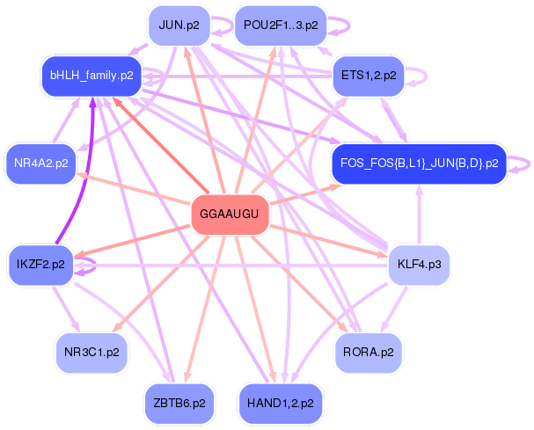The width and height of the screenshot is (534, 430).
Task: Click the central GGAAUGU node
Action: click(230, 215)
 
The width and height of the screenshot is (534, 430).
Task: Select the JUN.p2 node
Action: click(179, 26)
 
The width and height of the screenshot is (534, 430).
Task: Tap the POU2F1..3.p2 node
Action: click(281, 26)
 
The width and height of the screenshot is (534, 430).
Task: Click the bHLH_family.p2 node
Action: click(91, 76)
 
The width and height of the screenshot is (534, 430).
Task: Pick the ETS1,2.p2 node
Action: click(369, 76)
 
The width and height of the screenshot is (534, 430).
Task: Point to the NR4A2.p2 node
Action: click(40, 164)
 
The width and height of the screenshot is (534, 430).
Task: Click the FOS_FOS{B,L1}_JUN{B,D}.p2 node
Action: click(420, 164)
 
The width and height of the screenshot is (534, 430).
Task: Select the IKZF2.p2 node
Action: click(40, 265)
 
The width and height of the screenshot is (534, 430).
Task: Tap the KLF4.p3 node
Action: click(420, 265)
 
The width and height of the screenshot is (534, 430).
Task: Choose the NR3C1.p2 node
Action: click(91, 353)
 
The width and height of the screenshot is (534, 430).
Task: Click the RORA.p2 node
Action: click(369, 353)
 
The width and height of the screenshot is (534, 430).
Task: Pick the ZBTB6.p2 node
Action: click(179, 404)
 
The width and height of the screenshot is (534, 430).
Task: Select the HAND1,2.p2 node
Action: click(281, 404)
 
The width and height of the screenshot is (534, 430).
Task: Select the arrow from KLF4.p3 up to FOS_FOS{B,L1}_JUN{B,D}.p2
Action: click(420, 215)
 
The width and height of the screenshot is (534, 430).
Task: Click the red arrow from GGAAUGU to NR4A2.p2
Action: click(134, 189)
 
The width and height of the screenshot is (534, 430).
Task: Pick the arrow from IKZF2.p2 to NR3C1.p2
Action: click(66, 309)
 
